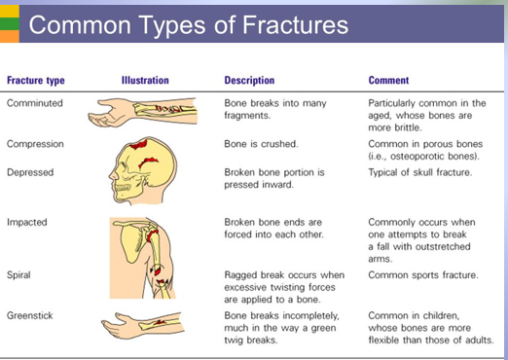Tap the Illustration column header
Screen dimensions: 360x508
click(145, 81)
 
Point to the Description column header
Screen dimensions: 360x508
click(249, 81)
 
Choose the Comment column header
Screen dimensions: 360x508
click(388, 81)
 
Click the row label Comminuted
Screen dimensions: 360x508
click(34, 101)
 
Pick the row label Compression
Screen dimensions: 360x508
click(35, 144)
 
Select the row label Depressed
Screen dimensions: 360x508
click(31, 172)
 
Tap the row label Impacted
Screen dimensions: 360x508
click(27, 222)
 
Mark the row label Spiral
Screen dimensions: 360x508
click(19, 275)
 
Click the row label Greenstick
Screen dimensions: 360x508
click(31, 315)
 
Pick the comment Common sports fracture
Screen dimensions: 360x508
click(423, 275)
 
